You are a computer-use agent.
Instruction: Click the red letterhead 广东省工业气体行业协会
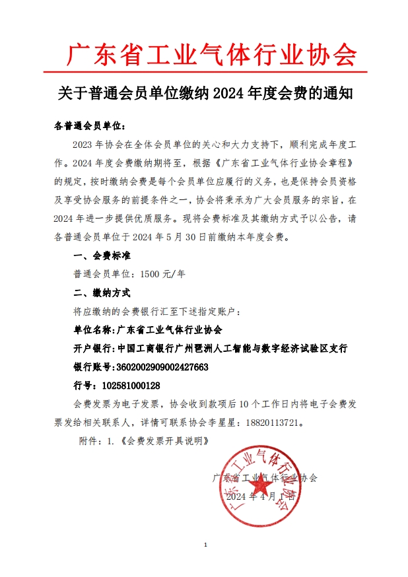coord(212,54)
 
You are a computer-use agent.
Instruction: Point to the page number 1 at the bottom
coord(206,545)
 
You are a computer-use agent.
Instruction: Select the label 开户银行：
coord(93,348)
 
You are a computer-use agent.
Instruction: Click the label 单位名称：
coord(93,329)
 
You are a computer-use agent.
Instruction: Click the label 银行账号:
coord(92,366)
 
